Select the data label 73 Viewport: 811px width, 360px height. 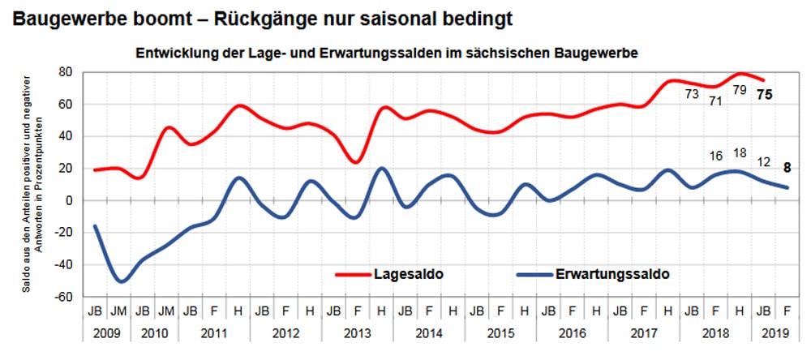point(691,94)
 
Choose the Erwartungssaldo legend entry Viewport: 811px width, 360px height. point(613,274)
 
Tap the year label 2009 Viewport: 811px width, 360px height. point(108,332)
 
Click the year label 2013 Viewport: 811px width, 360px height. point(357,332)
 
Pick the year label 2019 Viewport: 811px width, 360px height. point(775,332)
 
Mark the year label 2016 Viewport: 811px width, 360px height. point(572,332)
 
